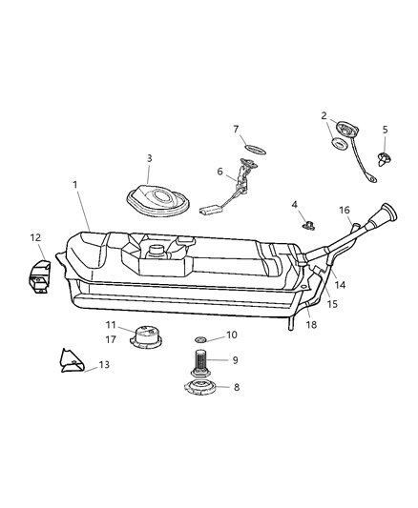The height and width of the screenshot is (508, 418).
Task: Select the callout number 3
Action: (x=149, y=158)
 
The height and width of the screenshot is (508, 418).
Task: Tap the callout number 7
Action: (x=236, y=129)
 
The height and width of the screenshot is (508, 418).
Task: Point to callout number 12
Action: (x=34, y=238)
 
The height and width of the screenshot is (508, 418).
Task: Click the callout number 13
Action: (x=104, y=365)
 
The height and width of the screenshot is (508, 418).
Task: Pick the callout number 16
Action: (x=345, y=211)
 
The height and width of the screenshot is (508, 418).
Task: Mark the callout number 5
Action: (x=386, y=130)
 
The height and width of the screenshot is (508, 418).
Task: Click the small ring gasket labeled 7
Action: (x=255, y=149)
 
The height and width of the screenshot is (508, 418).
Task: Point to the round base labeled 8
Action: (x=202, y=388)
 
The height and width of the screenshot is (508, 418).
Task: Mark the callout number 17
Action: (x=111, y=338)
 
